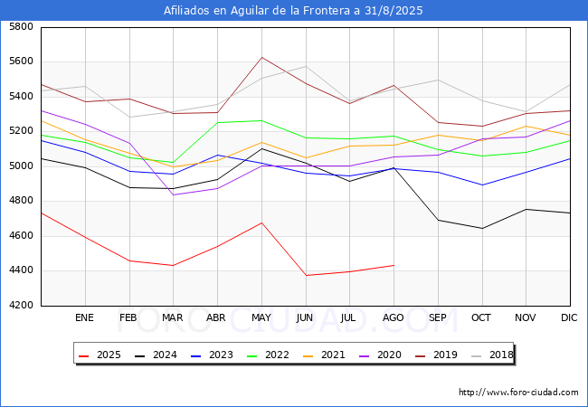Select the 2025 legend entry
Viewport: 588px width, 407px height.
(x=100, y=355)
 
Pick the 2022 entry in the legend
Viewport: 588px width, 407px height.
(x=268, y=355)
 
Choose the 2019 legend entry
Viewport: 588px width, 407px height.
(x=436, y=355)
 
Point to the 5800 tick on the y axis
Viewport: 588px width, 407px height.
(x=21, y=26)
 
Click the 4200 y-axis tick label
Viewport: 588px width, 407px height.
(x=21, y=305)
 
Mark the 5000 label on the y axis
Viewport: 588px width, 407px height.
(x=21, y=166)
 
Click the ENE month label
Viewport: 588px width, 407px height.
(x=84, y=317)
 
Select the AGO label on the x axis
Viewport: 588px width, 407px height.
(x=393, y=317)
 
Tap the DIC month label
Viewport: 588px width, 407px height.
(x=569, y=317)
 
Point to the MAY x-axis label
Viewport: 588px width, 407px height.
(x=261, y=317)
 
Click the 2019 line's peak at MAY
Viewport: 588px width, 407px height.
(x=261, y=57)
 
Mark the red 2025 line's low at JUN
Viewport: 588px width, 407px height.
(x=306, y=276)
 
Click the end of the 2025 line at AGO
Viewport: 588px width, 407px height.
(x=394, y=265)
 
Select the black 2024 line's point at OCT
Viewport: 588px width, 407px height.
(x=482, y=228)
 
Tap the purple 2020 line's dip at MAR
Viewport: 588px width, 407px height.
(x=174, y=194)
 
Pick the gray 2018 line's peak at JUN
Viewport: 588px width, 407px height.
(x=306, y=66)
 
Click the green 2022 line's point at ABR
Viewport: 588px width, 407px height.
(x=217, y=122)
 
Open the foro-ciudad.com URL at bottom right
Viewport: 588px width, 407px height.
(x=518, y=393)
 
